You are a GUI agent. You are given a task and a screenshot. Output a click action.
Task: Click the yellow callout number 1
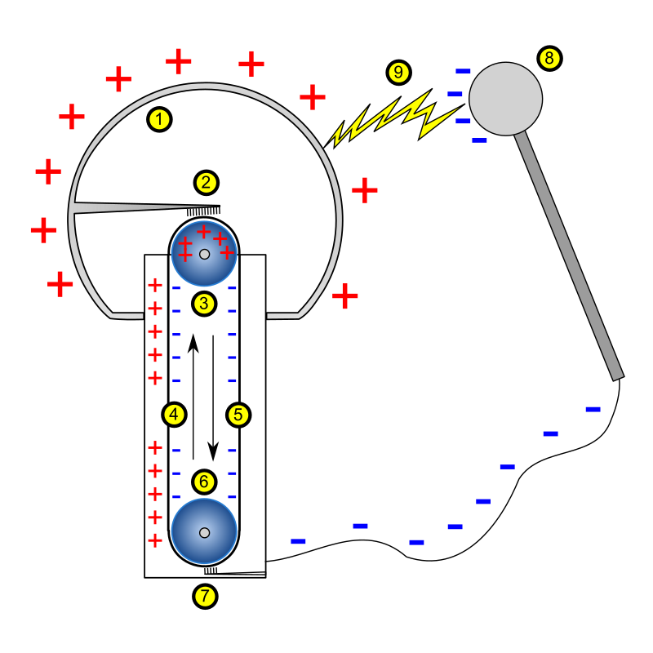(159, 120)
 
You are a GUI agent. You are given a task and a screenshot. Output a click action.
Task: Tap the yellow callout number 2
(206, 183)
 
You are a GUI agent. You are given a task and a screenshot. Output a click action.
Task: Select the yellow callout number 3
(204, 304)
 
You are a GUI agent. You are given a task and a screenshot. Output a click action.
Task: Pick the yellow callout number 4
(174, 415)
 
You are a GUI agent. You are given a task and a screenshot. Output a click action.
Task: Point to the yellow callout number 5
(238, 415)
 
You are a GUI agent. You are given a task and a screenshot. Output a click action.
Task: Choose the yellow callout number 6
(204, 482)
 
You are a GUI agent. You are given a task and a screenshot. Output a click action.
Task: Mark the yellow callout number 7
(205, 597)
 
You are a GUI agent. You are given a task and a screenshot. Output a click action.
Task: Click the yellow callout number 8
(549, 58)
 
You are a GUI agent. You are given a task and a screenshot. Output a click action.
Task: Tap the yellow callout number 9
(398, 73)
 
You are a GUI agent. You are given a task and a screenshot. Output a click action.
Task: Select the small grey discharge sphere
(505, 99)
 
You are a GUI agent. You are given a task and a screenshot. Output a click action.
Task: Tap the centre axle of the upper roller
(204, 254)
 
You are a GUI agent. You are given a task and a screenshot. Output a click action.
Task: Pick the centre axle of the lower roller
(204, 533)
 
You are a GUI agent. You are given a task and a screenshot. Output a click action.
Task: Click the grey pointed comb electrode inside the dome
(122, 207)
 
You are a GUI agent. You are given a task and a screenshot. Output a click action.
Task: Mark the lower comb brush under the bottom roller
(211, 571)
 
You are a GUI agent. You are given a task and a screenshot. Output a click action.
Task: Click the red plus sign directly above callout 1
(178, 61)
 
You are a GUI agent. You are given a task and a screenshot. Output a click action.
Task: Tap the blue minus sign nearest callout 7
(298, 541)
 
